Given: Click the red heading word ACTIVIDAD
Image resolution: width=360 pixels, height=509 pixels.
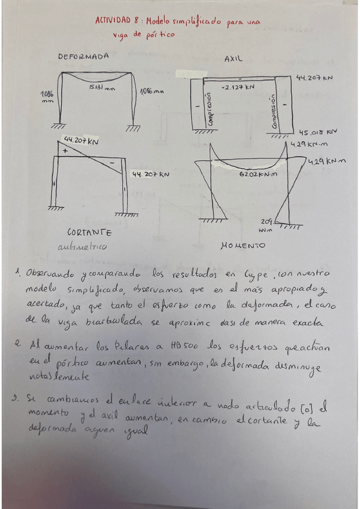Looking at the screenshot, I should [112, 21].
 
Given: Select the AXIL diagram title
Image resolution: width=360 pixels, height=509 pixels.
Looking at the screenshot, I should [233, 60].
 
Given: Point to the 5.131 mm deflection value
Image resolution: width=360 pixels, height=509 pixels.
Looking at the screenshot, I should [102, 88].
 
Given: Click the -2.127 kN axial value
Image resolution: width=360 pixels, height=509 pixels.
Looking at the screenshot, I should [238, 88].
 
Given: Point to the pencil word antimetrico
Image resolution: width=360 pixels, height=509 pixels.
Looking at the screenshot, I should [82, 247].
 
